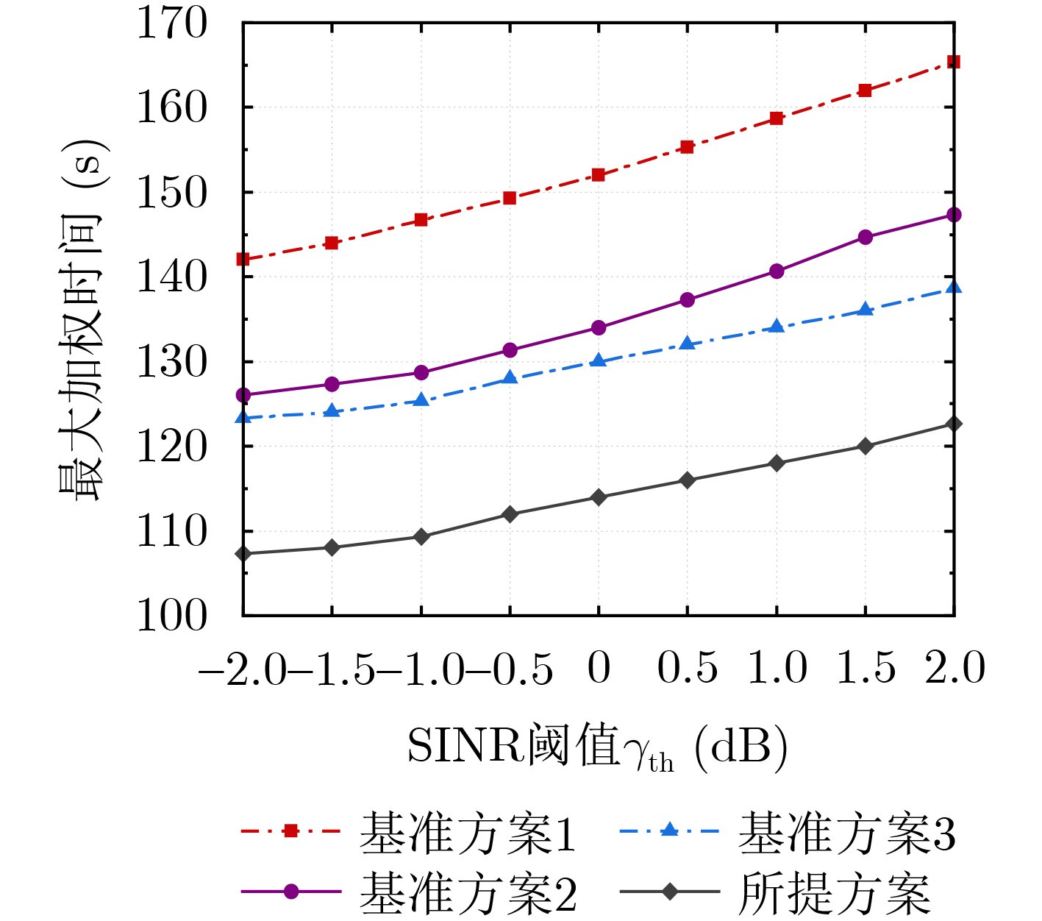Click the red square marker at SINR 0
[599, 175]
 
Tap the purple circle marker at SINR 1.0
[777, 271]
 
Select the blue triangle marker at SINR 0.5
[688, 344]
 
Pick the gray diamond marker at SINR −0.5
[510, 514]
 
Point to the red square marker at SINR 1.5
[866, 90]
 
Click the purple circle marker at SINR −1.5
[332, 384]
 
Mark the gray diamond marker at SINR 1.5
[866, 446]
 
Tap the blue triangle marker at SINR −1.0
[421, 400]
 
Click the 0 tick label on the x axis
[599, 669]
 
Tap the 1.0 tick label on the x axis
[777, 669]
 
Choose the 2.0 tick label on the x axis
[954, 669]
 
